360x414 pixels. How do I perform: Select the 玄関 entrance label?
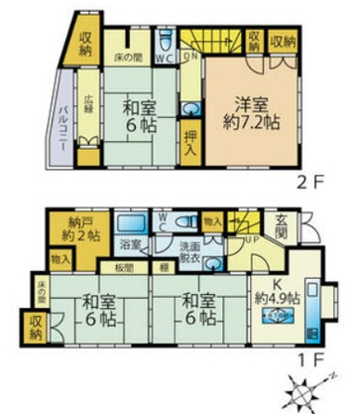pos(282,229)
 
